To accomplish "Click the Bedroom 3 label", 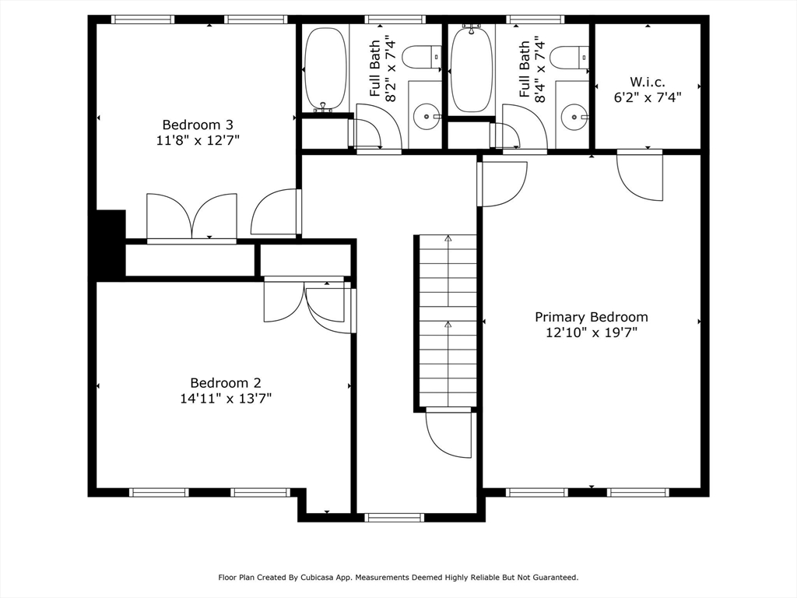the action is click(198, 125).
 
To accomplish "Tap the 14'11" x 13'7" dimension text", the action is click(226, 398).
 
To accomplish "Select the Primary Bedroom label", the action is click(592, 318).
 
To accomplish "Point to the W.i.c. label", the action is click(648, 82).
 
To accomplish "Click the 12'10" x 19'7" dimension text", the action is click(592, 332).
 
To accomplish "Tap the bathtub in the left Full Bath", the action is click(325, 69).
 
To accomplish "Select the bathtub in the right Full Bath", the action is click(472, 69).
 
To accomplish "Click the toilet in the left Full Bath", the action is click(421, 57).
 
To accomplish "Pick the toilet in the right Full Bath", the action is click(569, 57).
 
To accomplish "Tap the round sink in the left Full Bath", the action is click(426, 117).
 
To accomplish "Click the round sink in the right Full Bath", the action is click(574, 117).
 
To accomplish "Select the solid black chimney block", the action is click(107, 243).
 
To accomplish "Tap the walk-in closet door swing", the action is click(640, 175).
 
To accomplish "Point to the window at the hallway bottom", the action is click(394, 518).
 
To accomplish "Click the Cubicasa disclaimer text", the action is click(398, 577).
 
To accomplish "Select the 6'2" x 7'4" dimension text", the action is click(648, 97).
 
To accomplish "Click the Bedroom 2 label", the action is click(226, 383).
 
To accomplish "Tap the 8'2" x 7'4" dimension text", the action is click(391, 69).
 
